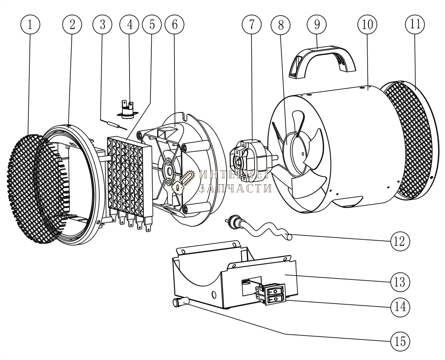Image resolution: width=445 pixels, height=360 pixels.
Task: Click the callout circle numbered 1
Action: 30,24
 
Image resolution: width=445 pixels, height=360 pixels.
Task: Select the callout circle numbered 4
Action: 129,24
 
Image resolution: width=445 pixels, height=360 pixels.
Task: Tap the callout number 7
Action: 252,24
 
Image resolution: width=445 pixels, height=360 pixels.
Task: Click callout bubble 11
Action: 415,24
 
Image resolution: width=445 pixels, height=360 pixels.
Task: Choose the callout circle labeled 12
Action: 400,241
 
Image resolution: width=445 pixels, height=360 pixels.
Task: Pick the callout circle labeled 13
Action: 400,282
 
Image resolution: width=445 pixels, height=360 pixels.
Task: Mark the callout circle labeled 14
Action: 400,307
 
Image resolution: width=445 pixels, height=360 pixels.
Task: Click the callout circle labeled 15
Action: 400,341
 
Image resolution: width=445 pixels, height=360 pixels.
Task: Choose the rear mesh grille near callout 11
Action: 409,140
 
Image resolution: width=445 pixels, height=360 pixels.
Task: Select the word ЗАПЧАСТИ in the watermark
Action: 235,188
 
